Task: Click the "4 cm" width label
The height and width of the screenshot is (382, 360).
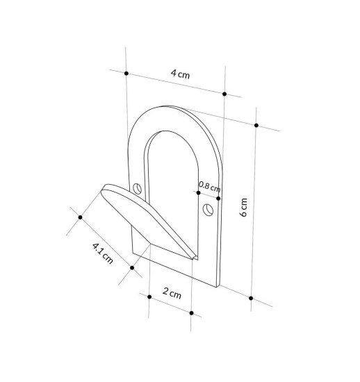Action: (179, 74)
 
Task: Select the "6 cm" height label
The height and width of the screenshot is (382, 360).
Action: (243, 208)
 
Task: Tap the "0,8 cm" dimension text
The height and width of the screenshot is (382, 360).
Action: (209, 185)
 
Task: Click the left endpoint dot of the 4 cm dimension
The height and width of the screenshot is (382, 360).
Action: (126, 72)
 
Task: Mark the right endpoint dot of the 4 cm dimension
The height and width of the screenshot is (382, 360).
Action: (224, 94)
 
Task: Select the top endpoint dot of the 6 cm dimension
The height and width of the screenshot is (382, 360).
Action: (256, 125)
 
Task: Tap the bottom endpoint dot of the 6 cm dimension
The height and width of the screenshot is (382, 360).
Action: (251, 298)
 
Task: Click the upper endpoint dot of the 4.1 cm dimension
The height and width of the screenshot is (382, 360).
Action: (81, 217)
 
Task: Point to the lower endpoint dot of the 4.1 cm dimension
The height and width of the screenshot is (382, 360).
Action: (132, 267)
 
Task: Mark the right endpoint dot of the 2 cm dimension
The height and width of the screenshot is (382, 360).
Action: (192, 312)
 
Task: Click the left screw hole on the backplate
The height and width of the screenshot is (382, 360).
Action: (138, 188)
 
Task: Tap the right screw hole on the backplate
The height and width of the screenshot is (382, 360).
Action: (206, 209)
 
